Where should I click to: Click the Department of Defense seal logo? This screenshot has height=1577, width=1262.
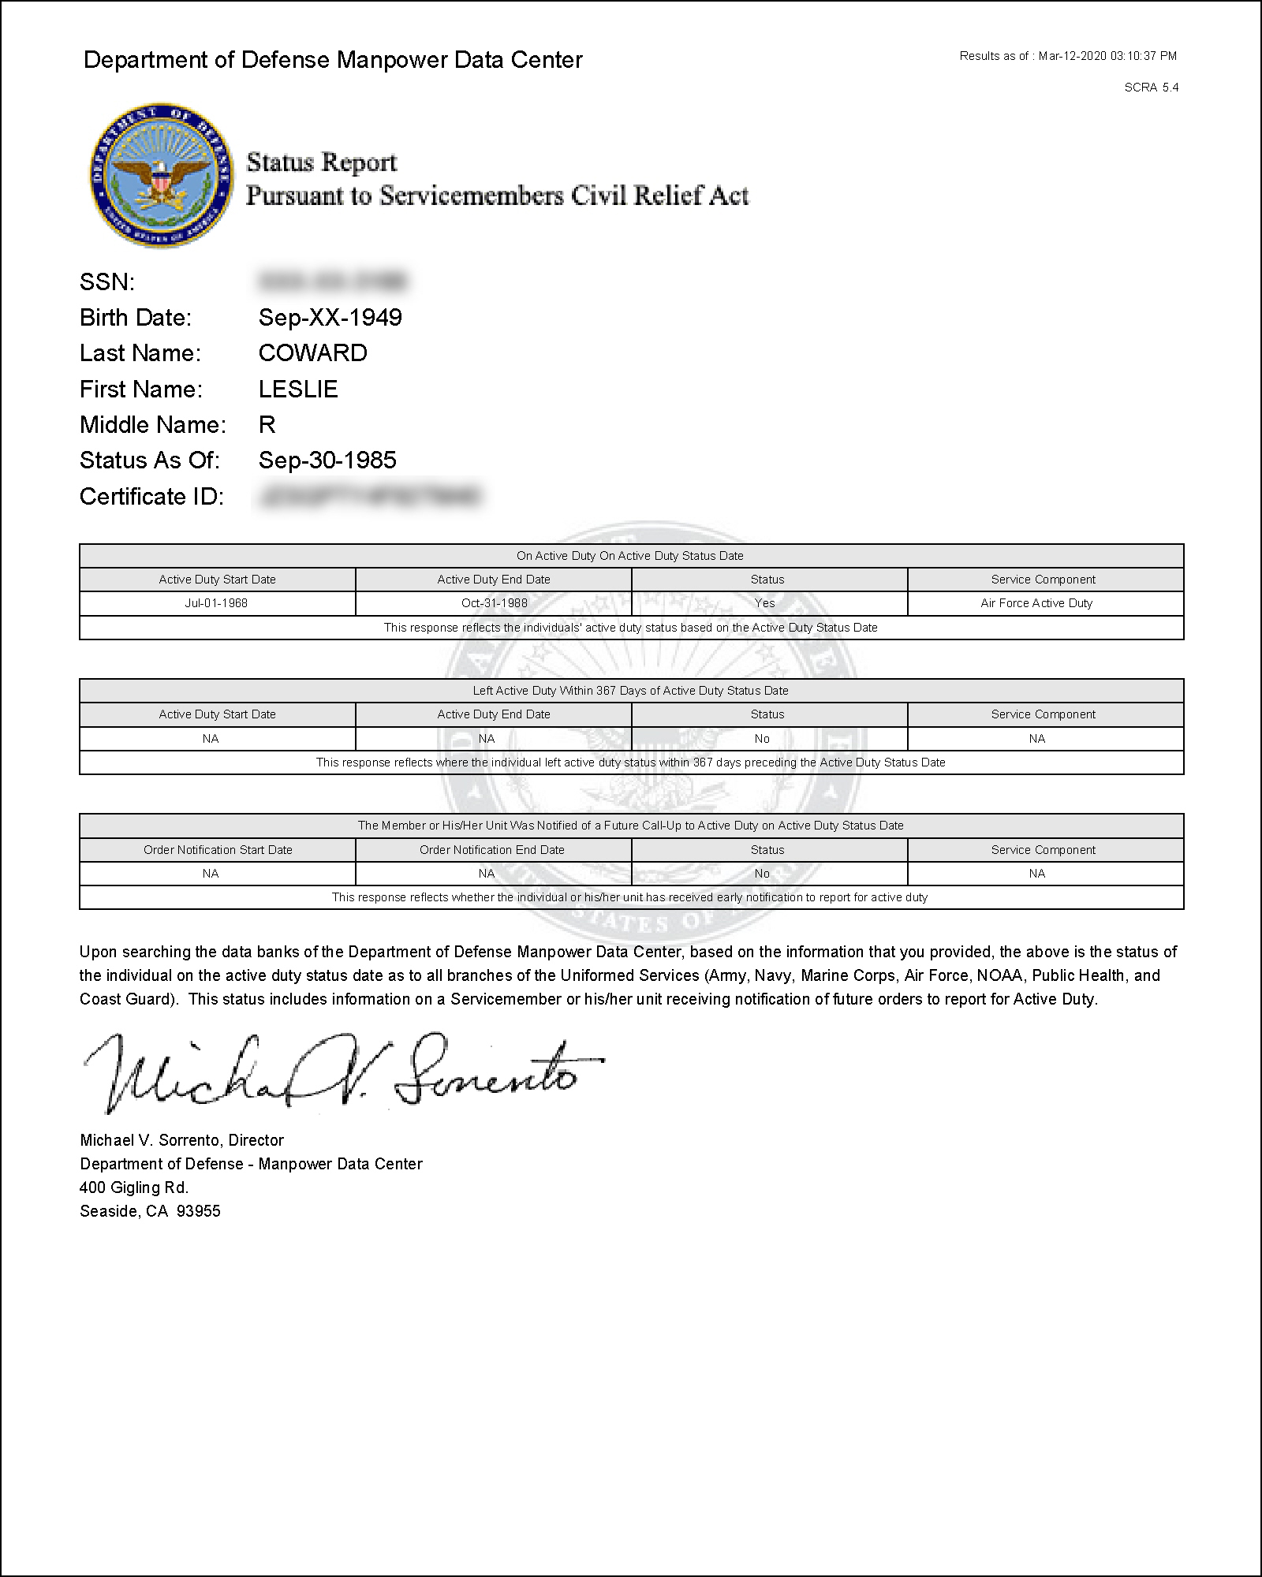pyautogui.click(x=161, y=174)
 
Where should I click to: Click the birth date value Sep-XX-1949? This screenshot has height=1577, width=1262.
pyautogui.click(x=330, y=318)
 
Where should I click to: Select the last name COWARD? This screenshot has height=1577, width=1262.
pyautogui.click(x=312, y=353)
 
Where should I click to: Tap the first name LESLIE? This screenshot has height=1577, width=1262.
pyautogui.click(x=297, y=390)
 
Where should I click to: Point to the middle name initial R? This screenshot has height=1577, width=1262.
pyautogui.click(x=267, y=425)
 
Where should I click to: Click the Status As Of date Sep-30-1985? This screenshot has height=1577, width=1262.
pyautogui.click(x=327, y=460)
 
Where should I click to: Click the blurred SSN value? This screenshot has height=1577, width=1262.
pyautogui.click(x=332, y=281)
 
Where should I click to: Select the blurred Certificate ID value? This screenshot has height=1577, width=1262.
pyautogui.click(x=368, y=497)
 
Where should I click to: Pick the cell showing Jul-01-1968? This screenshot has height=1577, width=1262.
pyautogui.click(x=217, y=603)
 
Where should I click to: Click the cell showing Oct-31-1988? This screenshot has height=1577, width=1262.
pyautogui.click(x=494, y=603)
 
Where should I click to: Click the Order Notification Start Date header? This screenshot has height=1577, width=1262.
pyautogui.click(x=218, y=850)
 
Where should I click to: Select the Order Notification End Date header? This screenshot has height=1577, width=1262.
pyautogui.click(x=492, y=850)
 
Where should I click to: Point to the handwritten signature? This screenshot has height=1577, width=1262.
pyautogui.click(x=339, y=1072)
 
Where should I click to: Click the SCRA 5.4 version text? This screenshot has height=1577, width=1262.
pyautogui.click(x=1151, y=88)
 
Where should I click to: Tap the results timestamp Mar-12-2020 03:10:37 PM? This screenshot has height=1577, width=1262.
pyautogui.click(x=1107, y=56)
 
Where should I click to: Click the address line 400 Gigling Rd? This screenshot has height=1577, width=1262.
pyautogui.click(x=134, y=1187)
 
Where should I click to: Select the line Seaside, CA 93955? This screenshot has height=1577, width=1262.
pyautogui.click(x=150, y=1211)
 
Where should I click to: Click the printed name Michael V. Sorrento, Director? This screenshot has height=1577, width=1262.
pyautogui.click(x=181, y=1140)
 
